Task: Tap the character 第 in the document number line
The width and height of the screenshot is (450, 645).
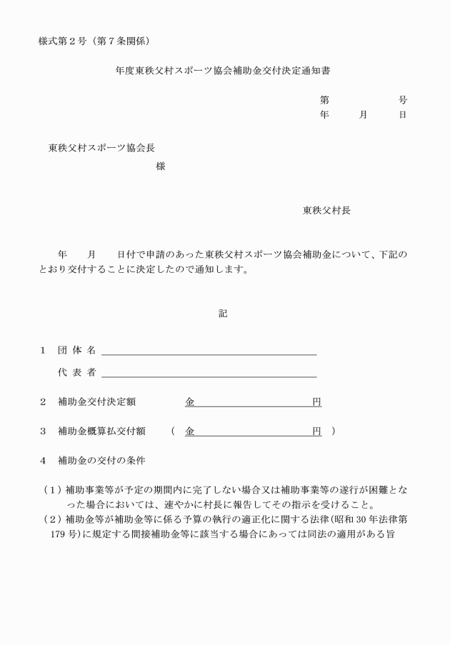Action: coord(324,100)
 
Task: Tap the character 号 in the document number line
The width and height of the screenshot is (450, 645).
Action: coord(403,100)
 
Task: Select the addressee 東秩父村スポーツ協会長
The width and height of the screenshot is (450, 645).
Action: coord(101,148)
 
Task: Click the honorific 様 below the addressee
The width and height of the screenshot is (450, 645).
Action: coord(160,166)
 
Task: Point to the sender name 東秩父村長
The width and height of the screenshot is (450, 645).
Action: coord(326,210)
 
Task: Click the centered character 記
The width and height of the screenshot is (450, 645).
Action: coord(223,313)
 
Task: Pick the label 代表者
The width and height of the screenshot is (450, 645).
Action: coord(76,373)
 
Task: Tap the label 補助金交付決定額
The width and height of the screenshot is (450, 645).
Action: coord(96,402)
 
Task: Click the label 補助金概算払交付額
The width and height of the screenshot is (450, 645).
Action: coord(101,431)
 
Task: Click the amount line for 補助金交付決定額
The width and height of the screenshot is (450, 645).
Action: coord(253,403)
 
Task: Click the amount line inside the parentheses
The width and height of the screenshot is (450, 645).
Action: coord(253,431)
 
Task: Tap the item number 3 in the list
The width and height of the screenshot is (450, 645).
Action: coord(43,431)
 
